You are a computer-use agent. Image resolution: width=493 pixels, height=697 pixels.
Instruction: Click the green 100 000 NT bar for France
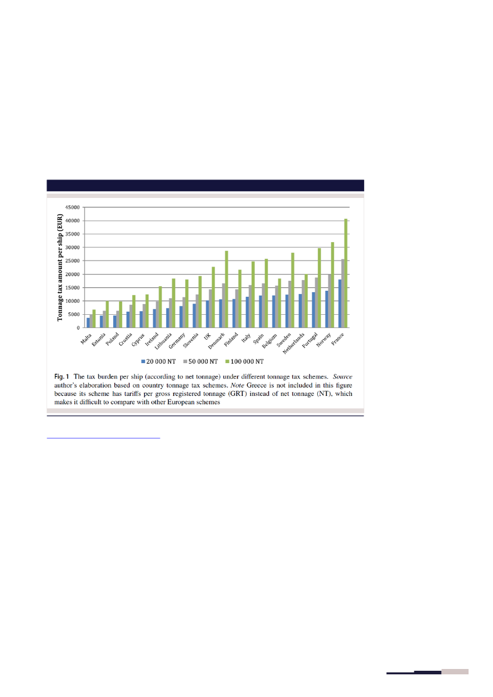coord(346,273)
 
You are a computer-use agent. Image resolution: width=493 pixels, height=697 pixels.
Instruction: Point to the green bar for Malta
coord(94,319)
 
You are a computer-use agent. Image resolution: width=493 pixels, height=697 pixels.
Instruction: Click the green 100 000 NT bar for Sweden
coord(293,290)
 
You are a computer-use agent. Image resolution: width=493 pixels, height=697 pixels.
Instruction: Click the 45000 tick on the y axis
coord(73,207)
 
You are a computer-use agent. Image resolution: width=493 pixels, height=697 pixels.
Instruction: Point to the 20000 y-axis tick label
coord(73,274)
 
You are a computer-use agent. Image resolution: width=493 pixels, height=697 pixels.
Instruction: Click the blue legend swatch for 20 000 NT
coord(143,361)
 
